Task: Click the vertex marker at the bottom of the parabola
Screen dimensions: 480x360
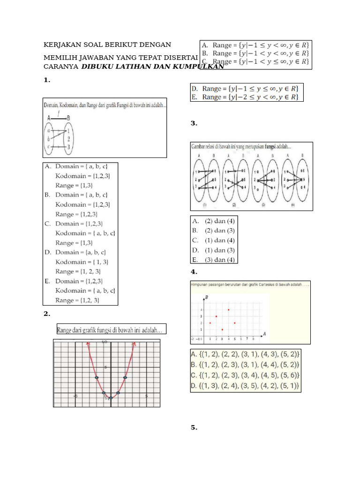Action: [111, 398]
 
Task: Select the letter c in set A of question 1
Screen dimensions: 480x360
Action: [49, 147]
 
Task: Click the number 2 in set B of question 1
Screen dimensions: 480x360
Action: [69, 139]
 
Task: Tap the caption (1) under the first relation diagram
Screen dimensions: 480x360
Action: [204, 204]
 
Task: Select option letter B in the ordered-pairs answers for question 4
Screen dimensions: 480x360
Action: [194, 364]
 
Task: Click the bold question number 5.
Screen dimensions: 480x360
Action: [194, 427]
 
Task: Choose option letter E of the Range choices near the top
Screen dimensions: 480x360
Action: [194, 97]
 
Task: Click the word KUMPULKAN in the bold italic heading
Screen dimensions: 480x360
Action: [198, 67]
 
